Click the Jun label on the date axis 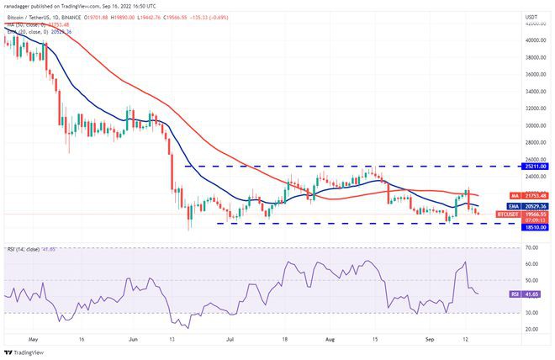[x=135, y=341]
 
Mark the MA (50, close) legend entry [x=25, y=24]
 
